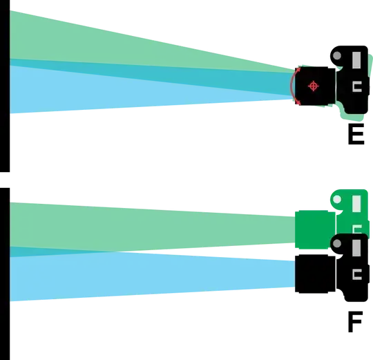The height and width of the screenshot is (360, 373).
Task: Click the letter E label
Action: click(356, 134)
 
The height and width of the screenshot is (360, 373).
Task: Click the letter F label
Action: click(356, 322)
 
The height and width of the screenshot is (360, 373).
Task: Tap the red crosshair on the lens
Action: click(314, 86)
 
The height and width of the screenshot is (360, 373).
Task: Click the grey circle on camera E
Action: click(337, 56)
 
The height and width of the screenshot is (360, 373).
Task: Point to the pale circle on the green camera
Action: click(337, 200)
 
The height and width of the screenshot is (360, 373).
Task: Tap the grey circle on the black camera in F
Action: click(337, 243)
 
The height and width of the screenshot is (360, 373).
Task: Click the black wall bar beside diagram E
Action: click(5, 86)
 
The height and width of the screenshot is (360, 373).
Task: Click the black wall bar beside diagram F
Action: click(5, 274)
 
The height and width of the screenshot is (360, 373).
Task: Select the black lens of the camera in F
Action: click(315, 274)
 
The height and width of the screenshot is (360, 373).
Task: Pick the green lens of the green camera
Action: click(315, 229)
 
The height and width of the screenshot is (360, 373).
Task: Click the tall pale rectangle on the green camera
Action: click(356, 203)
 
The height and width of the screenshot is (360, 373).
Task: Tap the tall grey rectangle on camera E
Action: click(356, 60)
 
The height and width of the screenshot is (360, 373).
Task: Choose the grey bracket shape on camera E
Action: click(357, 86)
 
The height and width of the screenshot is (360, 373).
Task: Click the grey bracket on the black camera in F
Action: click(357, 274)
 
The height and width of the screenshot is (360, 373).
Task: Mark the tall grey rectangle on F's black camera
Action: click(356, 248)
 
